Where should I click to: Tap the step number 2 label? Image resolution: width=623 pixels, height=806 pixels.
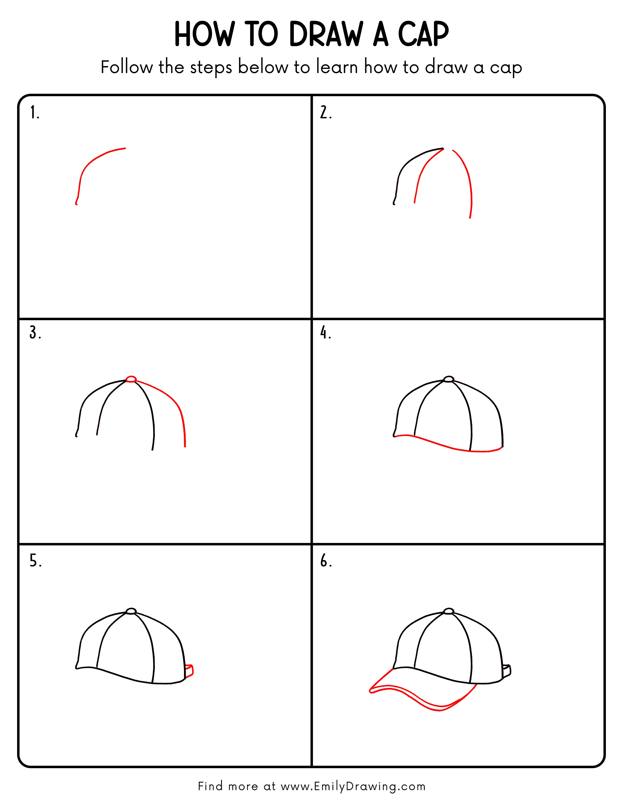325,113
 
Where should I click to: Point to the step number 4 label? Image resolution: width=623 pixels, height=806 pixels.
325,333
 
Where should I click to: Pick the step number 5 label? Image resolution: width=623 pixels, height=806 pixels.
35,561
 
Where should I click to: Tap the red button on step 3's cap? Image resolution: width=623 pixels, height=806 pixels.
131,379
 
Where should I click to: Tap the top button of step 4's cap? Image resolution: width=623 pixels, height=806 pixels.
448,379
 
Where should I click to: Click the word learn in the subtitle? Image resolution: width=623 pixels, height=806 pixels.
337,68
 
